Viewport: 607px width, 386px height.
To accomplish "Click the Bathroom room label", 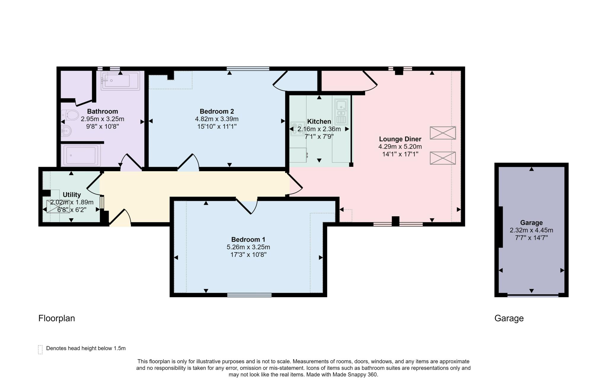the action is pos(103,112).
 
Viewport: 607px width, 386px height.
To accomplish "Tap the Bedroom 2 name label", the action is pos(217,112).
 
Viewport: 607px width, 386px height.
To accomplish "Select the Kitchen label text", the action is pos(319,122).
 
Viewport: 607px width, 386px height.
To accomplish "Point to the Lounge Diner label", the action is pos(400,139).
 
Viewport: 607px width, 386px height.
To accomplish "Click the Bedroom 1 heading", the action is pos(248,239).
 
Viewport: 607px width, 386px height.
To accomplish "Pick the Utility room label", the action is pos(72,195).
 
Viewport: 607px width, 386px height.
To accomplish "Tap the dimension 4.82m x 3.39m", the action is pos(217,119).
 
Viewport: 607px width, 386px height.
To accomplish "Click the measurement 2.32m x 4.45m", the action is pos(531,230).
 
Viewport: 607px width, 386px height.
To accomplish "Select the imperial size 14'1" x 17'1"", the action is pos(400,154).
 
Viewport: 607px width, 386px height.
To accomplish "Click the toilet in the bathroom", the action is pos(70,115).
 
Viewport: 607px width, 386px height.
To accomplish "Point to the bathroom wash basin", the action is pos(66,131).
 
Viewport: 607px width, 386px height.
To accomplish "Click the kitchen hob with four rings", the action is pos(298,129).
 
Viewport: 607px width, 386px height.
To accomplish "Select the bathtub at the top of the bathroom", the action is pos(120,80).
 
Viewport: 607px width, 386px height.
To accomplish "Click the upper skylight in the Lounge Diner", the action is pos(443,133).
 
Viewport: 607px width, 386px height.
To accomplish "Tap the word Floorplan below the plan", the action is pos(57,318).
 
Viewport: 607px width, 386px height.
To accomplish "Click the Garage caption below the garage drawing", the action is pos(509,318).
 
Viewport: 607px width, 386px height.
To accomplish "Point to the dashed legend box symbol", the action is pos(41,350).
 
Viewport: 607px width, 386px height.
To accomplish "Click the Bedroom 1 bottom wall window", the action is pos(249,295).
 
